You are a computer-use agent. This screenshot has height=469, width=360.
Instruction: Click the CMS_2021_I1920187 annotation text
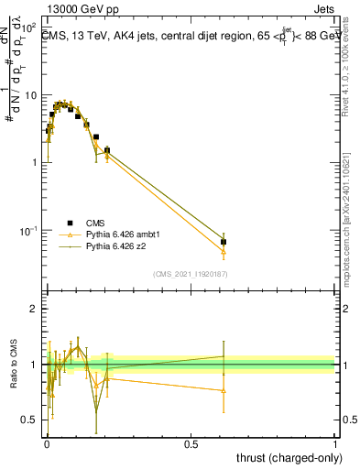(x=190, y=274)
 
